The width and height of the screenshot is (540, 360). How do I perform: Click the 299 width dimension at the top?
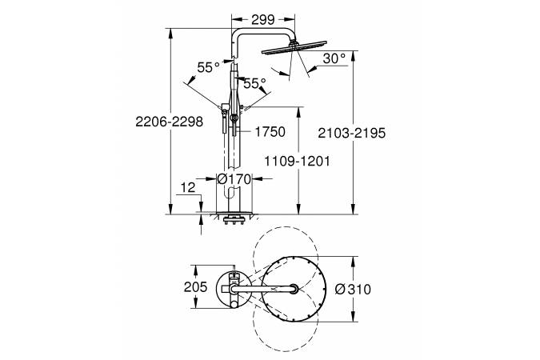coord(262,20)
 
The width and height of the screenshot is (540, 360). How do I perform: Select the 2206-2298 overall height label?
coord(169,122)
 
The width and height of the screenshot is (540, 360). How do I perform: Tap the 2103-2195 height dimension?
coord(352,133)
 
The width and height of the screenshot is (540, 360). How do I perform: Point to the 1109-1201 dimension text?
coord(297,161)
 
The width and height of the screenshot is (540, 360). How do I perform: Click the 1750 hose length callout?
coord(270,131)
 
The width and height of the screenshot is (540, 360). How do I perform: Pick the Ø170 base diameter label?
coord(234,178)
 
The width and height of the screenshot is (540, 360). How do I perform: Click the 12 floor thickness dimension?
coord(188,187)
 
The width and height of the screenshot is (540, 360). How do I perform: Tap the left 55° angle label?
coord(208,67)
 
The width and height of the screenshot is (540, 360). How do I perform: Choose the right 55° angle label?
coord(255,83)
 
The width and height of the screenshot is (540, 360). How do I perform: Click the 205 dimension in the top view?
coord(196,286)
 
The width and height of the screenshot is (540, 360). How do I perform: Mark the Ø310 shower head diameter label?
coord(353,290)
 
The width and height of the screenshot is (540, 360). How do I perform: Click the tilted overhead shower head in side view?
coord(294,47)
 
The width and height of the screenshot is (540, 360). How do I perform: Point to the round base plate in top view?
coord(231,289)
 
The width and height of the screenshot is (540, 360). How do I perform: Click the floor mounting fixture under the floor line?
coord(234,219)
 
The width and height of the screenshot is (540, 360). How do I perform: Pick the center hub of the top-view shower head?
coord(294,289)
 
